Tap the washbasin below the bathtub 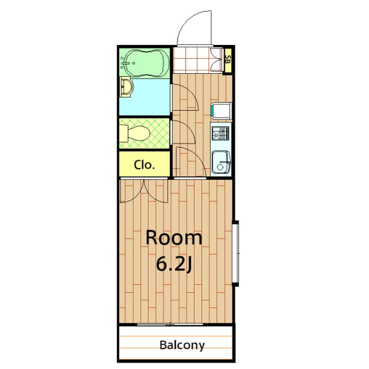(x=127, y=88)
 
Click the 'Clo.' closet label (x=144, y=164)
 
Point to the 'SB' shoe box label (x=228, y=59)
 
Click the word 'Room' (x=174, y=238)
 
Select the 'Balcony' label (x=182, y=345)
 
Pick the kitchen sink (x=220, y=162)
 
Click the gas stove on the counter (x=220, y=133)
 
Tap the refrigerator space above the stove (x=221, y=110)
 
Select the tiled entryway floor (x=196, y=59)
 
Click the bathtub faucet (x=127, y=61)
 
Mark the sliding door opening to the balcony (x=173, y=324)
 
